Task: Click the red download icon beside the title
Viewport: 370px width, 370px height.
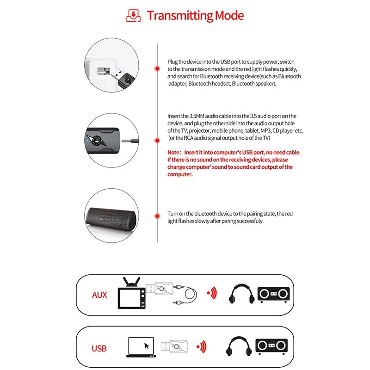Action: (134, 15)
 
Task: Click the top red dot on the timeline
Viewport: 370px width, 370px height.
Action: (157, 68)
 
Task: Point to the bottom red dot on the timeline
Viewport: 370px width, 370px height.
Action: (157, 214)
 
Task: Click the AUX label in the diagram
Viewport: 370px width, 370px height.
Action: (99, 295)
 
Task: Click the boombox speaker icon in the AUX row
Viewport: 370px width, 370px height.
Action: (273, 294)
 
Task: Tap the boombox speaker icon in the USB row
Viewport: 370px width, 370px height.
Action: (272, 346)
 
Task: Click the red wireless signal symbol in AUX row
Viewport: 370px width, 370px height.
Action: (212, 293)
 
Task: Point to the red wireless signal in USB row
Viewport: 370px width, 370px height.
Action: (202, 346)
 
